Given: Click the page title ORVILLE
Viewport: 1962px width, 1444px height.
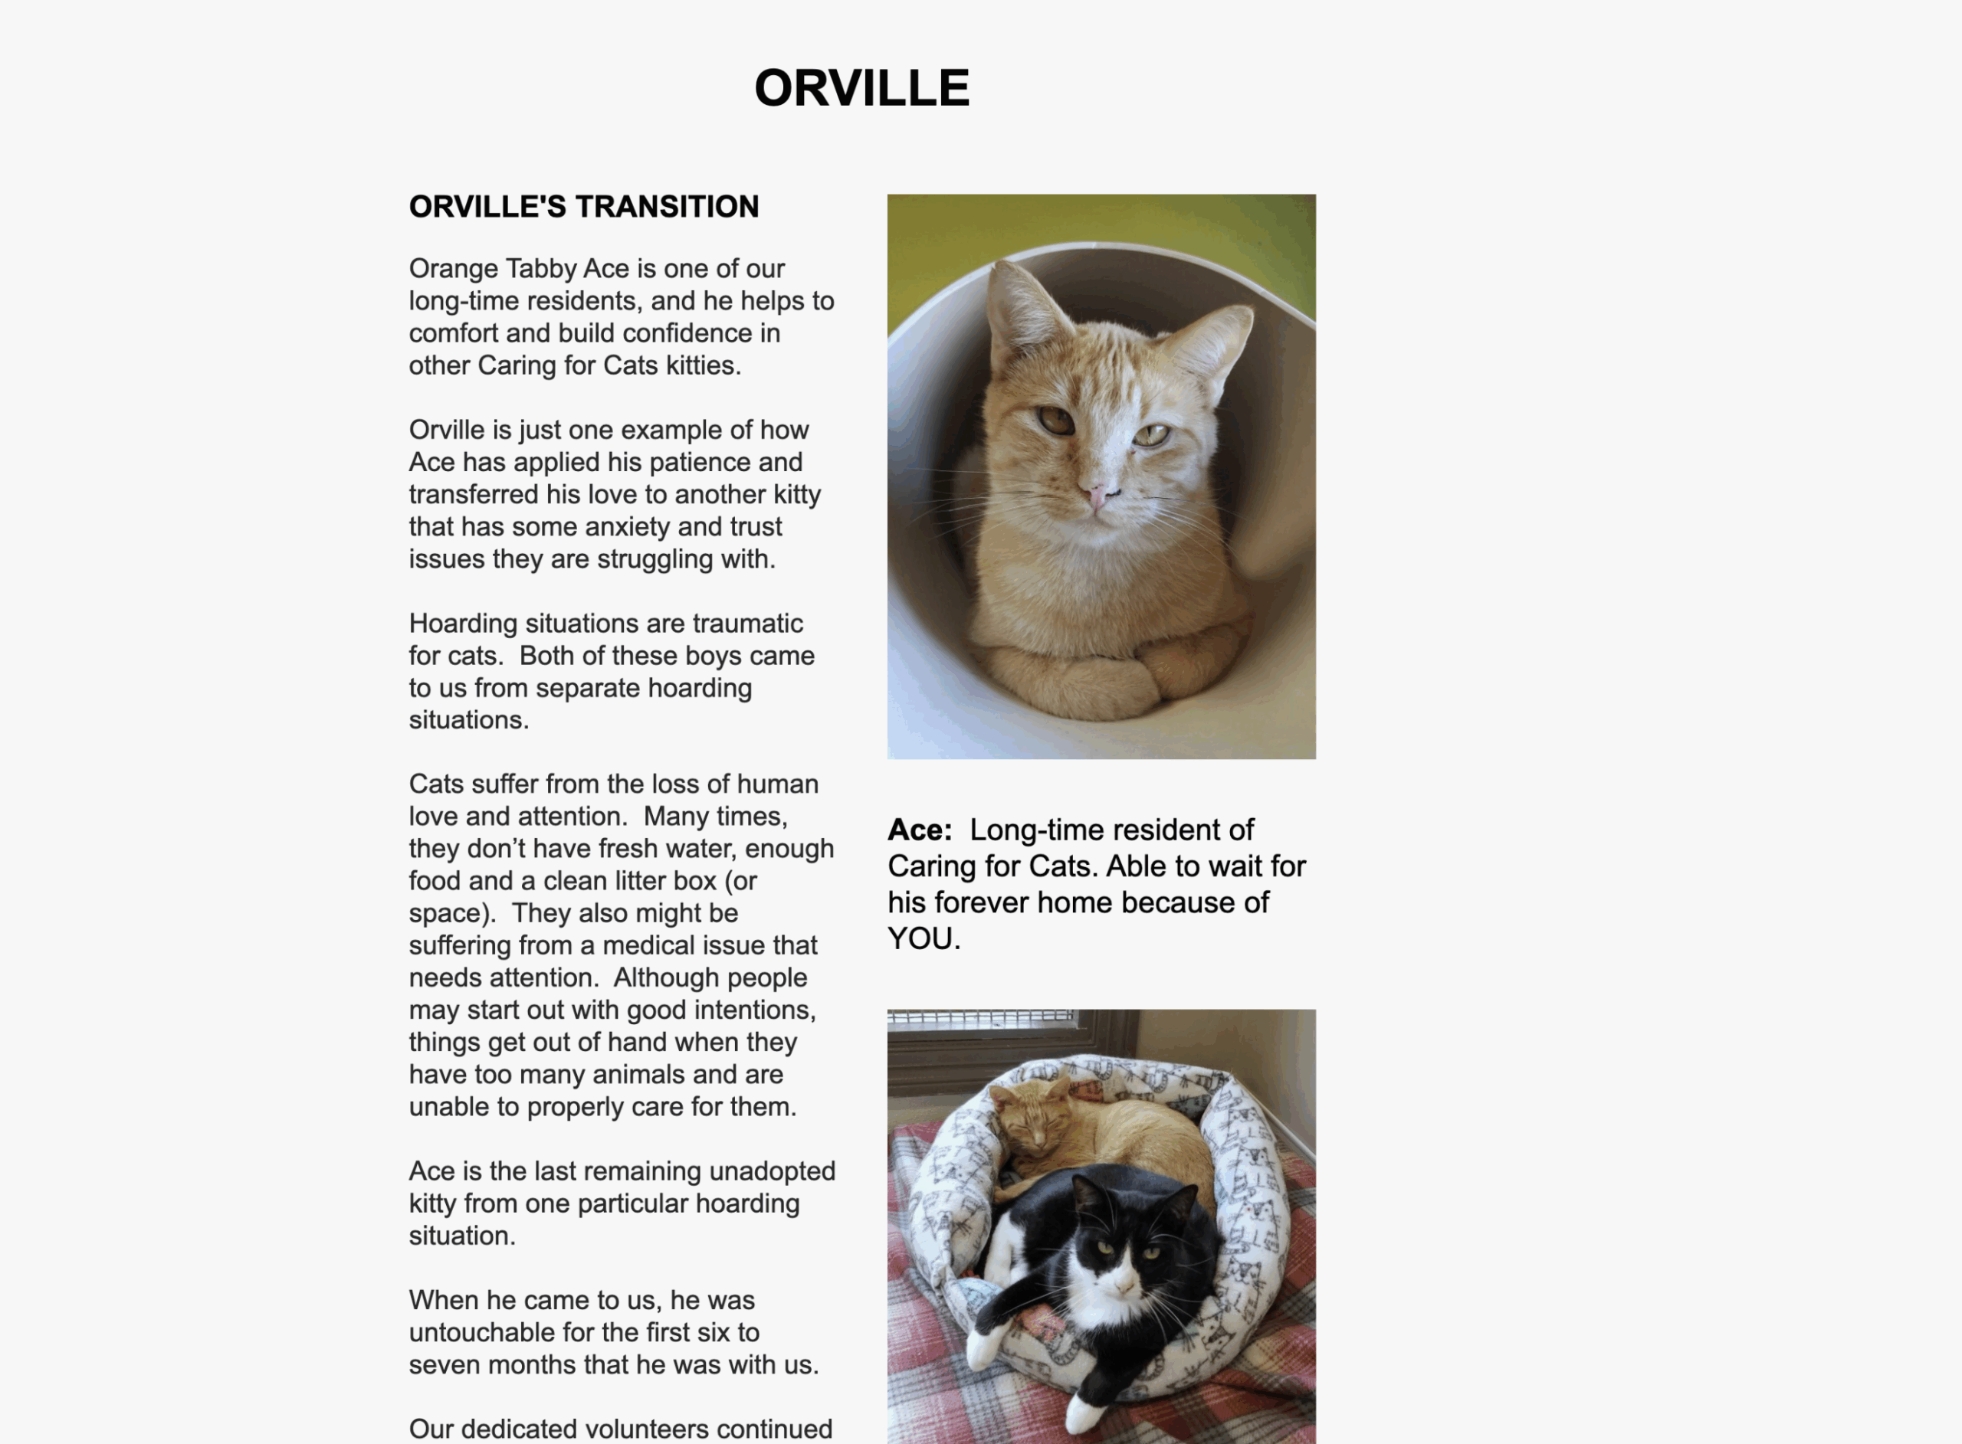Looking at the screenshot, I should click(861, 88).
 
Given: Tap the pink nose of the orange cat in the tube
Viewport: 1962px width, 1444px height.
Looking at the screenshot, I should click(1095, 496).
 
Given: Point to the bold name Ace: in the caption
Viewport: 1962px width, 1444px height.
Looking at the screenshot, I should click(919, 830).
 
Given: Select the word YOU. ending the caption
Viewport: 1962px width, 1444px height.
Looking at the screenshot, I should click(924, 938).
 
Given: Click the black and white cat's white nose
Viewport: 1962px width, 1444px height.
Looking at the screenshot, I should click(1124, 1282).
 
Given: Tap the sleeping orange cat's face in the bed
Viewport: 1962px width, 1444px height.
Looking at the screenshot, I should click(1036, 1127).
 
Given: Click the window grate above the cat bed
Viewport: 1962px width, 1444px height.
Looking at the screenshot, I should click(979, 1017).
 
